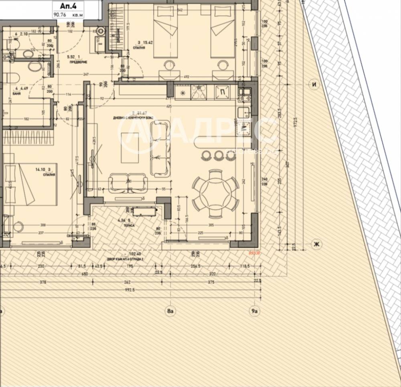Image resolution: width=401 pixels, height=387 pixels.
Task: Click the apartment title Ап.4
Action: tap(67, 6)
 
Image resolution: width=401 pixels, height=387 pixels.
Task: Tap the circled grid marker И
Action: tap(314, 84)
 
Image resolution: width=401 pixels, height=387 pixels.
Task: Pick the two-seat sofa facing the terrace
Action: tap(129, 182)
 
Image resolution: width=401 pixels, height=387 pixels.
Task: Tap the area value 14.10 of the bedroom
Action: tap(40, 170)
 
